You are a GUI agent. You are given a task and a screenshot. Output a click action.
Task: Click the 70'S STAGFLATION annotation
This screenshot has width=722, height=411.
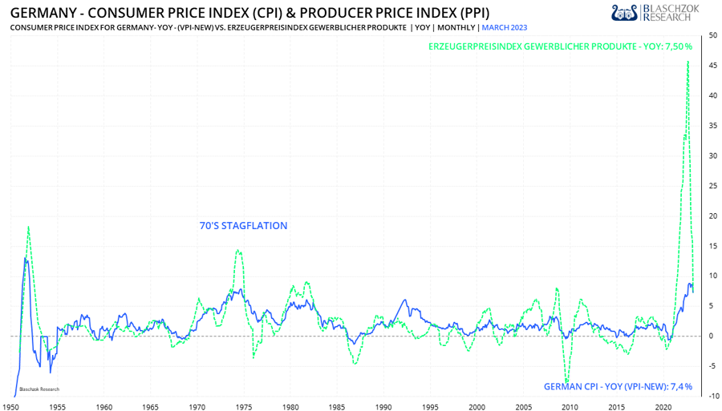(x=243, y=226)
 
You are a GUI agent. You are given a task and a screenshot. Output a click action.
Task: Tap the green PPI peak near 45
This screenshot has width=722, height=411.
(x=688, y=62)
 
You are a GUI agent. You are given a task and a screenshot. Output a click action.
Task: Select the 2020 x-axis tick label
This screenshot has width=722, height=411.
(x=663, y=408)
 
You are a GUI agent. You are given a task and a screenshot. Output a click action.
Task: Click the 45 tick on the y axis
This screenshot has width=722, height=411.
(x=713, y=66)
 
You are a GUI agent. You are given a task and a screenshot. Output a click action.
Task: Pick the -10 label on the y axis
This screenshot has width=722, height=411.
(x=713, y=396)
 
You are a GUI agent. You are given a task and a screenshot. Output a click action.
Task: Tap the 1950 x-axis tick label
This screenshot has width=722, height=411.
(x=10, y=408)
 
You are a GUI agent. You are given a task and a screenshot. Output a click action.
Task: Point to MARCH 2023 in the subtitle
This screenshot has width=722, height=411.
(x=505, y=28)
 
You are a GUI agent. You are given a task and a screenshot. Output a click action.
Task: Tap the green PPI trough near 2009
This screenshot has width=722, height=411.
(x=567, y=383)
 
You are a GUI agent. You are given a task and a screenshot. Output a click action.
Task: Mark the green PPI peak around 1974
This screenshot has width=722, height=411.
(x=238, y=251)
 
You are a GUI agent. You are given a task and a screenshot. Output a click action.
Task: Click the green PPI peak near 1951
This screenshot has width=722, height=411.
(x=28, y=227)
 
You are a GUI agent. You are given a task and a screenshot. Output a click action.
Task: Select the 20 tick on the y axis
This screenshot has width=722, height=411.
(x=713, y=216)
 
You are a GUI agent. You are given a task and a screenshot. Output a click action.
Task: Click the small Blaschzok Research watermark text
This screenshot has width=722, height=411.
(x=39, y=389)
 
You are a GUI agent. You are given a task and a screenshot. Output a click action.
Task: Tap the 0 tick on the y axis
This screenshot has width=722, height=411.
(x=712, y=336)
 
